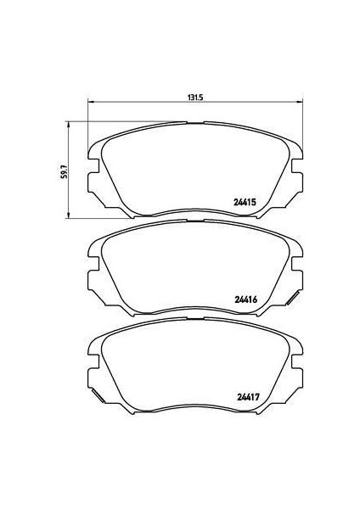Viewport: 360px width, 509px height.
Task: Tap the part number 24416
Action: (245, 299)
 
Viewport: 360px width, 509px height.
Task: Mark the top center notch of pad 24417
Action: (195, 318)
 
